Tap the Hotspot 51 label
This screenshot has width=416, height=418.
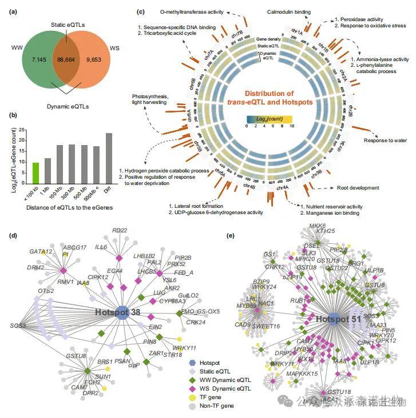[339, 320]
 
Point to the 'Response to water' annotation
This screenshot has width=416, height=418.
[383, 140]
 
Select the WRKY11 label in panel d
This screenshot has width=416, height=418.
[186, 348]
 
